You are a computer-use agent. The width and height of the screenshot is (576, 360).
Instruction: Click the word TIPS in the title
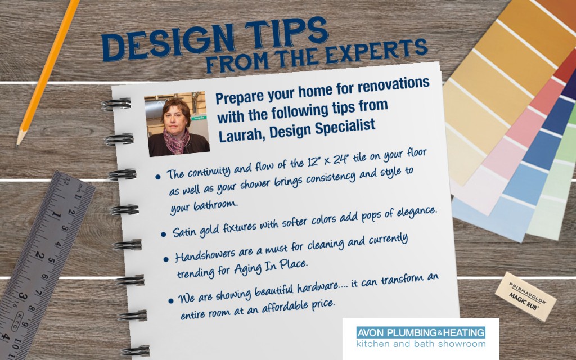(286, 33)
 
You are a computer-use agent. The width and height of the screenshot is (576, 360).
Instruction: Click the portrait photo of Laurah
(177, 123)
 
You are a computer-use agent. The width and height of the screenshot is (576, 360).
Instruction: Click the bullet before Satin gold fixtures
(164, 234)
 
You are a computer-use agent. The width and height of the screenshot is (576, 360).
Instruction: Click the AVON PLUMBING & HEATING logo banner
(421, 333)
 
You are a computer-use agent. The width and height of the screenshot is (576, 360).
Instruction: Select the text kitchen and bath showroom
(421, 344)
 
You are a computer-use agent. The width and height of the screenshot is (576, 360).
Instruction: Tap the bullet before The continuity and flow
(158, 177)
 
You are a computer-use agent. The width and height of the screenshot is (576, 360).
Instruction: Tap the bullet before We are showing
(171, 301)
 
